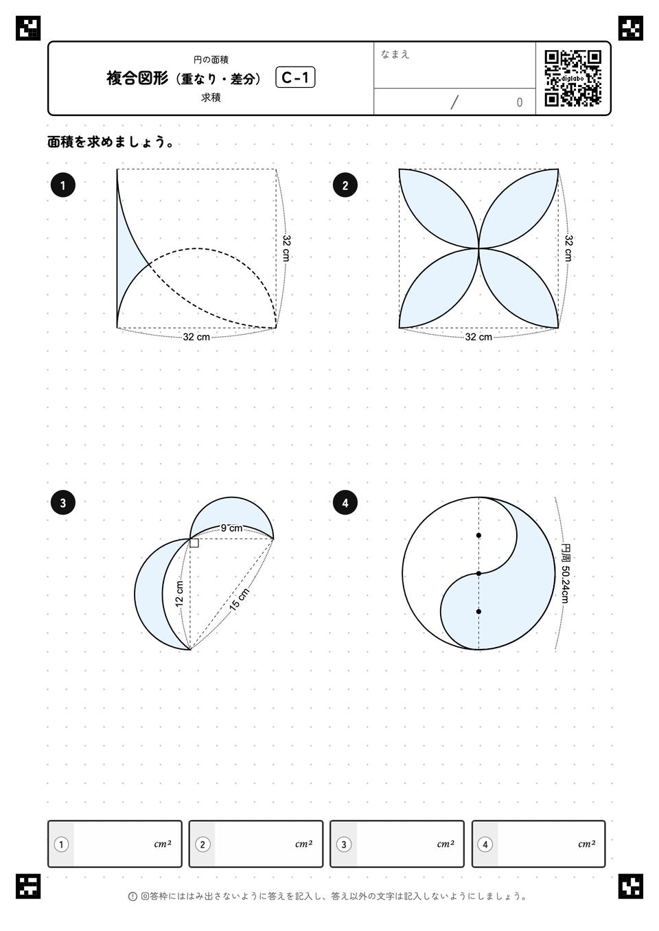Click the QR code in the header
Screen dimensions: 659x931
click(573, 78)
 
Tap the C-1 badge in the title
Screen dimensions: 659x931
click(295, 78)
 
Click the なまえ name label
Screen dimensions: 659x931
click(395, 54)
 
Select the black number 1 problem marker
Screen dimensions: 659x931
click(62, 185)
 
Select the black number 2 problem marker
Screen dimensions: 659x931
click(345, 185)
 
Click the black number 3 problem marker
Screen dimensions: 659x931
click(62, 503)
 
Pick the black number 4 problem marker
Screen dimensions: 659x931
click(345, 503)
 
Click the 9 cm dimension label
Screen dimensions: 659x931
click(231, 528)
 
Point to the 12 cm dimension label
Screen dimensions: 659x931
click(179, 594)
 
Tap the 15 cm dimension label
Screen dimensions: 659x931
click(240, 600)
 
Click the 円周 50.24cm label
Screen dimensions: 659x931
click(565, 573)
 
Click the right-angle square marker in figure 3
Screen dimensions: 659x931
click(194, 543)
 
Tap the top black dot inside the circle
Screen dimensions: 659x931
click(478, 535)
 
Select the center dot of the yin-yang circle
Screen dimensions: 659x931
click(478, 574)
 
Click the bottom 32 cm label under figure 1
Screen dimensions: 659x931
click(196, 337)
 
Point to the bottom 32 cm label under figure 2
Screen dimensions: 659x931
click(478, 337)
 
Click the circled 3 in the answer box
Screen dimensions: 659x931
click(344, 845)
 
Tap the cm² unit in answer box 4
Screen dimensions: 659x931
click(587, 844)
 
